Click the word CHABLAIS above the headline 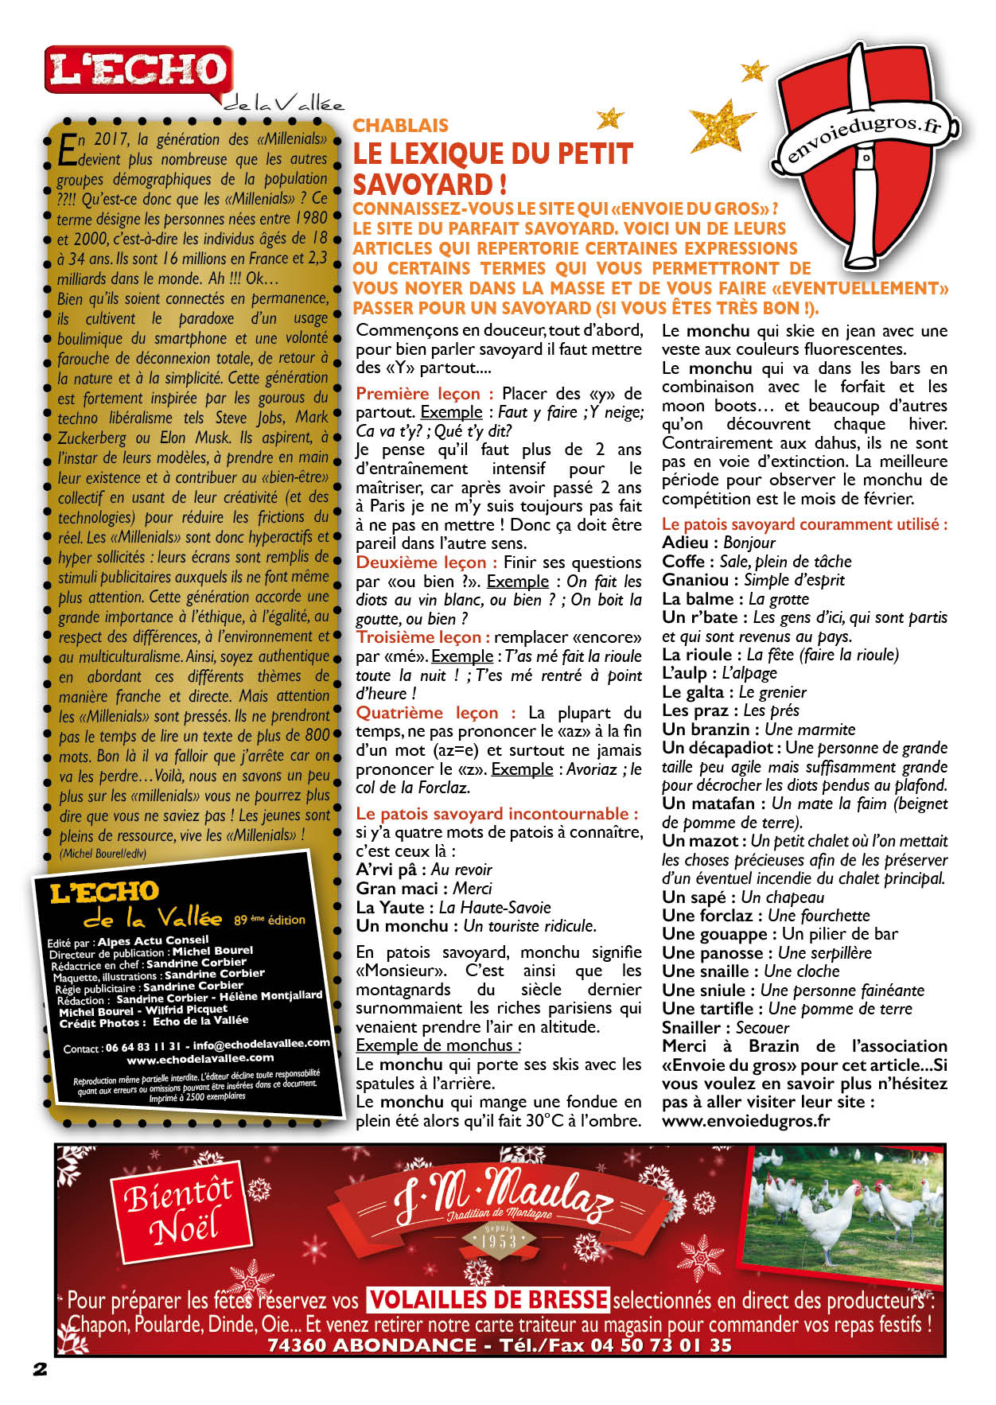[x=400, y=125]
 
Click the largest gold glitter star [x=721, y=126]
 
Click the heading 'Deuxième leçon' [x=421, y=562]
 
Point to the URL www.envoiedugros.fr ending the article [x=745, y=1121]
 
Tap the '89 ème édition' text [x=269, y=920]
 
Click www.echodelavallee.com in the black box [x=200, y=1059]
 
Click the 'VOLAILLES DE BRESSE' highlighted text [x=488, y=1300]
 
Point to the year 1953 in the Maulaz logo [x=498, y=1240]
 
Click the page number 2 [x=40, y=1369]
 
